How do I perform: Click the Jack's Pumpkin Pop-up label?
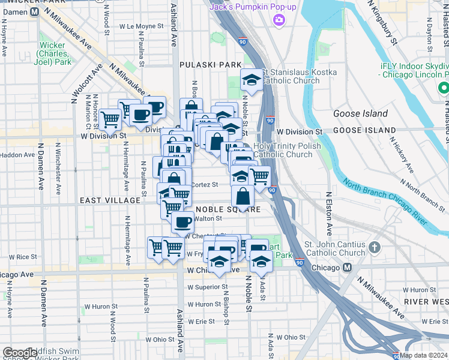coord(253,7)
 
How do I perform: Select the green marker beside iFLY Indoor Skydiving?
coord(444,88)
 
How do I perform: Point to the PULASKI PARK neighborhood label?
coord(211,64)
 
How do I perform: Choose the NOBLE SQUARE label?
coord(229,209)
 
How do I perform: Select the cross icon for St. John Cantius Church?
coord(375,247)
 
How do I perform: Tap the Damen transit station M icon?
coord(35,11)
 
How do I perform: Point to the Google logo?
coord(20,353)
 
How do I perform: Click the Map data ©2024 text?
coord(424,355)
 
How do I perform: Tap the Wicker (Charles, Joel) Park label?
coord(53,53)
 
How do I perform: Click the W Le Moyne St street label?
coord(141,26)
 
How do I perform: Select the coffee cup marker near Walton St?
coord(182,222)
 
